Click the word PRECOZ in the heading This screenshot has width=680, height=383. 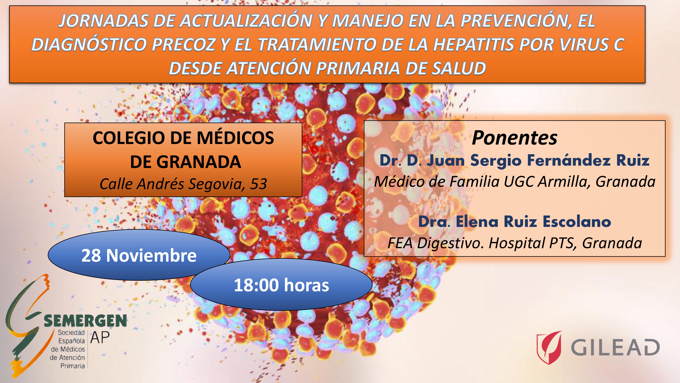[x=183, y=44]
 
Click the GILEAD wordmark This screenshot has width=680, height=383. [x=615, y=348]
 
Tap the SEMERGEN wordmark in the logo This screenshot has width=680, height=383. [x=85, y=321]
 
